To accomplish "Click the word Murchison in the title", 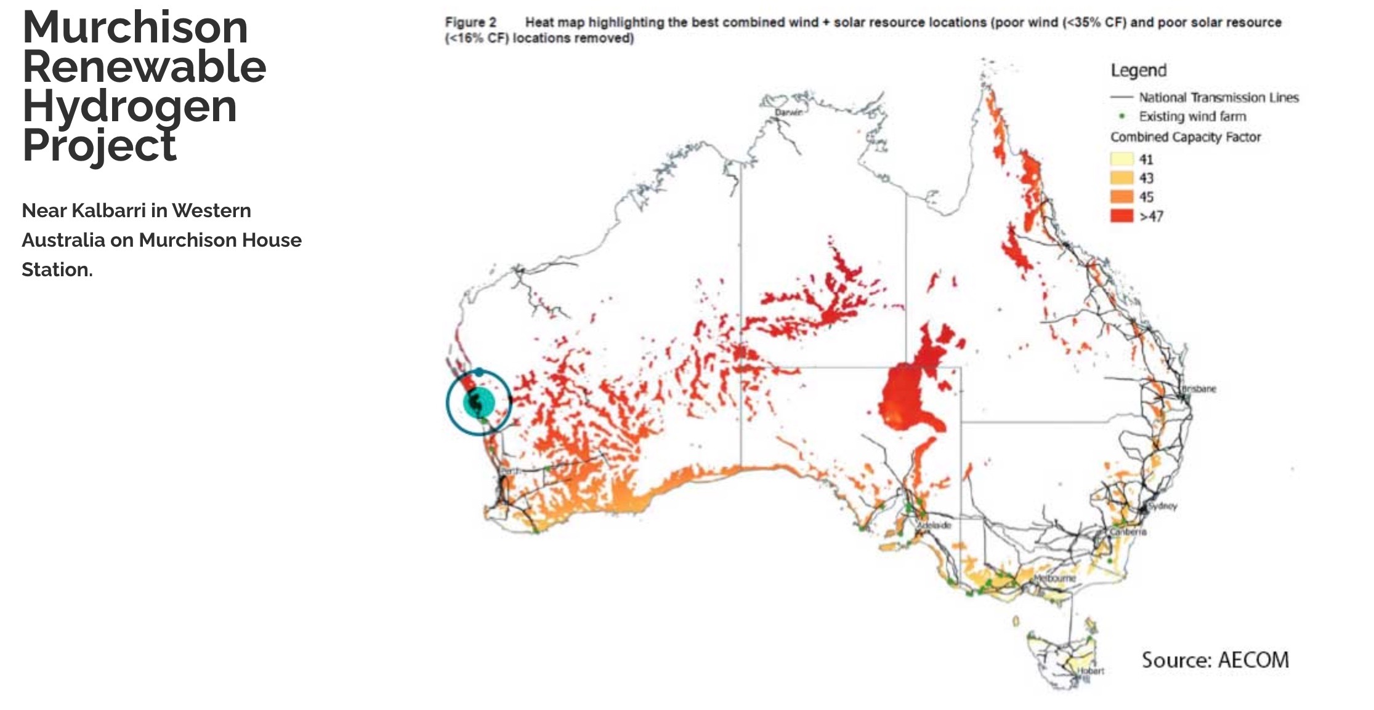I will coord(135,28).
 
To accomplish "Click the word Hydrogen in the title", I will coord(129,106).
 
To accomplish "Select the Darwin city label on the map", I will coord(788,113).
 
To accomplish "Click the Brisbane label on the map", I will coord(1198,389).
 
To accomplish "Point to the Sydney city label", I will coord(1163,506).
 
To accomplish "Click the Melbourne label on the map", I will coord(1054,578).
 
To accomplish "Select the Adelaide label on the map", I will coord(934,525).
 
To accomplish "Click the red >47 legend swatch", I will coord(1121,216).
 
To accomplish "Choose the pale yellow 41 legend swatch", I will coord(1121,159).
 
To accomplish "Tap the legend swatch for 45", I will coord(1121,197).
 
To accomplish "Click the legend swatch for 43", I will coord(1121,178).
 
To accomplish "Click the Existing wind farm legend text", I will coord(1192,116).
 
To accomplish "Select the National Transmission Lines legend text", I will coord(1218,97).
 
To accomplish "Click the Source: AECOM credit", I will coord(1214,660).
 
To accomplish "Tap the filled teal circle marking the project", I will coord(479,403).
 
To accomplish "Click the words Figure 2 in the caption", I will coord(471,23).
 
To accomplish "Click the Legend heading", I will coord(1138,70).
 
